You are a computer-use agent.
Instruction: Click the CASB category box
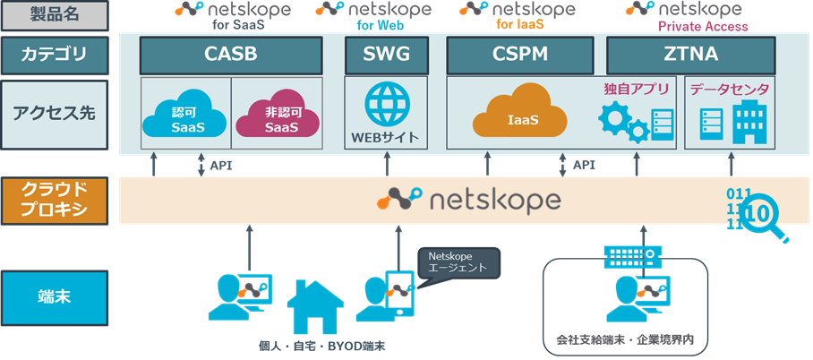(231, 55)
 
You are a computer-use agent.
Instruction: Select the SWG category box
(387, 55)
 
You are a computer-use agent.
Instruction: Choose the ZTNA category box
(690, 55)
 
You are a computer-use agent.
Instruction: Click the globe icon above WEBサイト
(387, 105)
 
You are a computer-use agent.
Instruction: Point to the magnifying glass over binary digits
(766, 215)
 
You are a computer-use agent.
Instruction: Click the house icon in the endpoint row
(314, 307)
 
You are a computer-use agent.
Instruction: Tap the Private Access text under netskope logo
(703, 27)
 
